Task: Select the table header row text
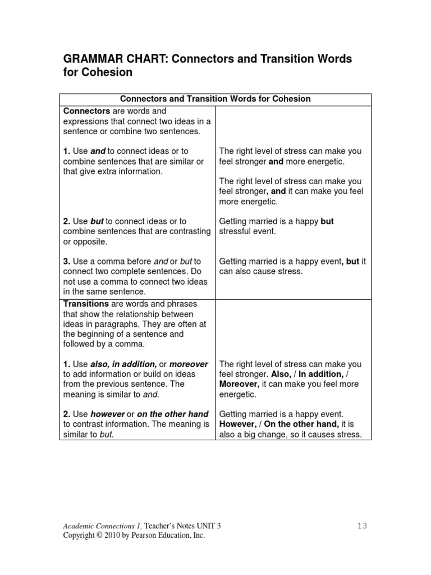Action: click(215, 99)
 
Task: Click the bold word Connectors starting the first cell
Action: click(86, 111)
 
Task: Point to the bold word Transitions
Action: click(87, 304)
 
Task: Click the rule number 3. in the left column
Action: click(66, 261)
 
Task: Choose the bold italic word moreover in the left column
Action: click(189, 364)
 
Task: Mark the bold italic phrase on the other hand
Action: click(173, 414)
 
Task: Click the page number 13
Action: click(361, 526)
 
